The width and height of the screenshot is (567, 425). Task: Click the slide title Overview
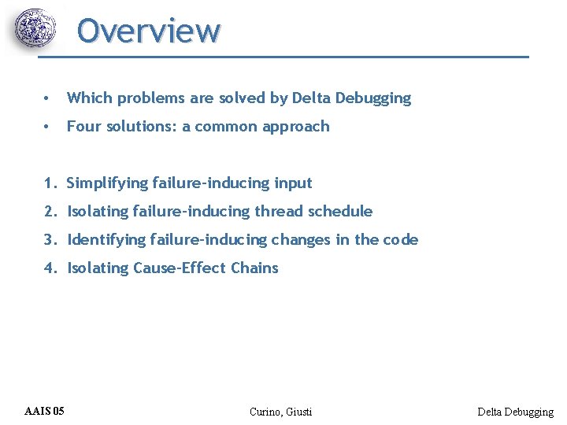coord(149,31)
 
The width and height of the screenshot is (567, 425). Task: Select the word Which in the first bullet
coord(86,98)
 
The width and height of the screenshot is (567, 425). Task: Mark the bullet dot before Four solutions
coord(49,127)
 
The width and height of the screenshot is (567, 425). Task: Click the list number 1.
coord(50,183)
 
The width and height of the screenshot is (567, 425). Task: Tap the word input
coord(293,183)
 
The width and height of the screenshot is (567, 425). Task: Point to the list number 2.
coord(50,212)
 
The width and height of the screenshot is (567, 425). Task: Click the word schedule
coord(339,212)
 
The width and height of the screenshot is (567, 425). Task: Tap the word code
coord(401,240)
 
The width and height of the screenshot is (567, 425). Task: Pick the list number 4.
coord(50,268)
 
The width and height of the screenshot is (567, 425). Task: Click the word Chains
coord(254,268)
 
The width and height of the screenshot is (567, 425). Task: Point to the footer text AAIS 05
coord(45,411)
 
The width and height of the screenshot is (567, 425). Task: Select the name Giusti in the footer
coord(298,412)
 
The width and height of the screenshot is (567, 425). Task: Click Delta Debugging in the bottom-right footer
coord(516,412)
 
